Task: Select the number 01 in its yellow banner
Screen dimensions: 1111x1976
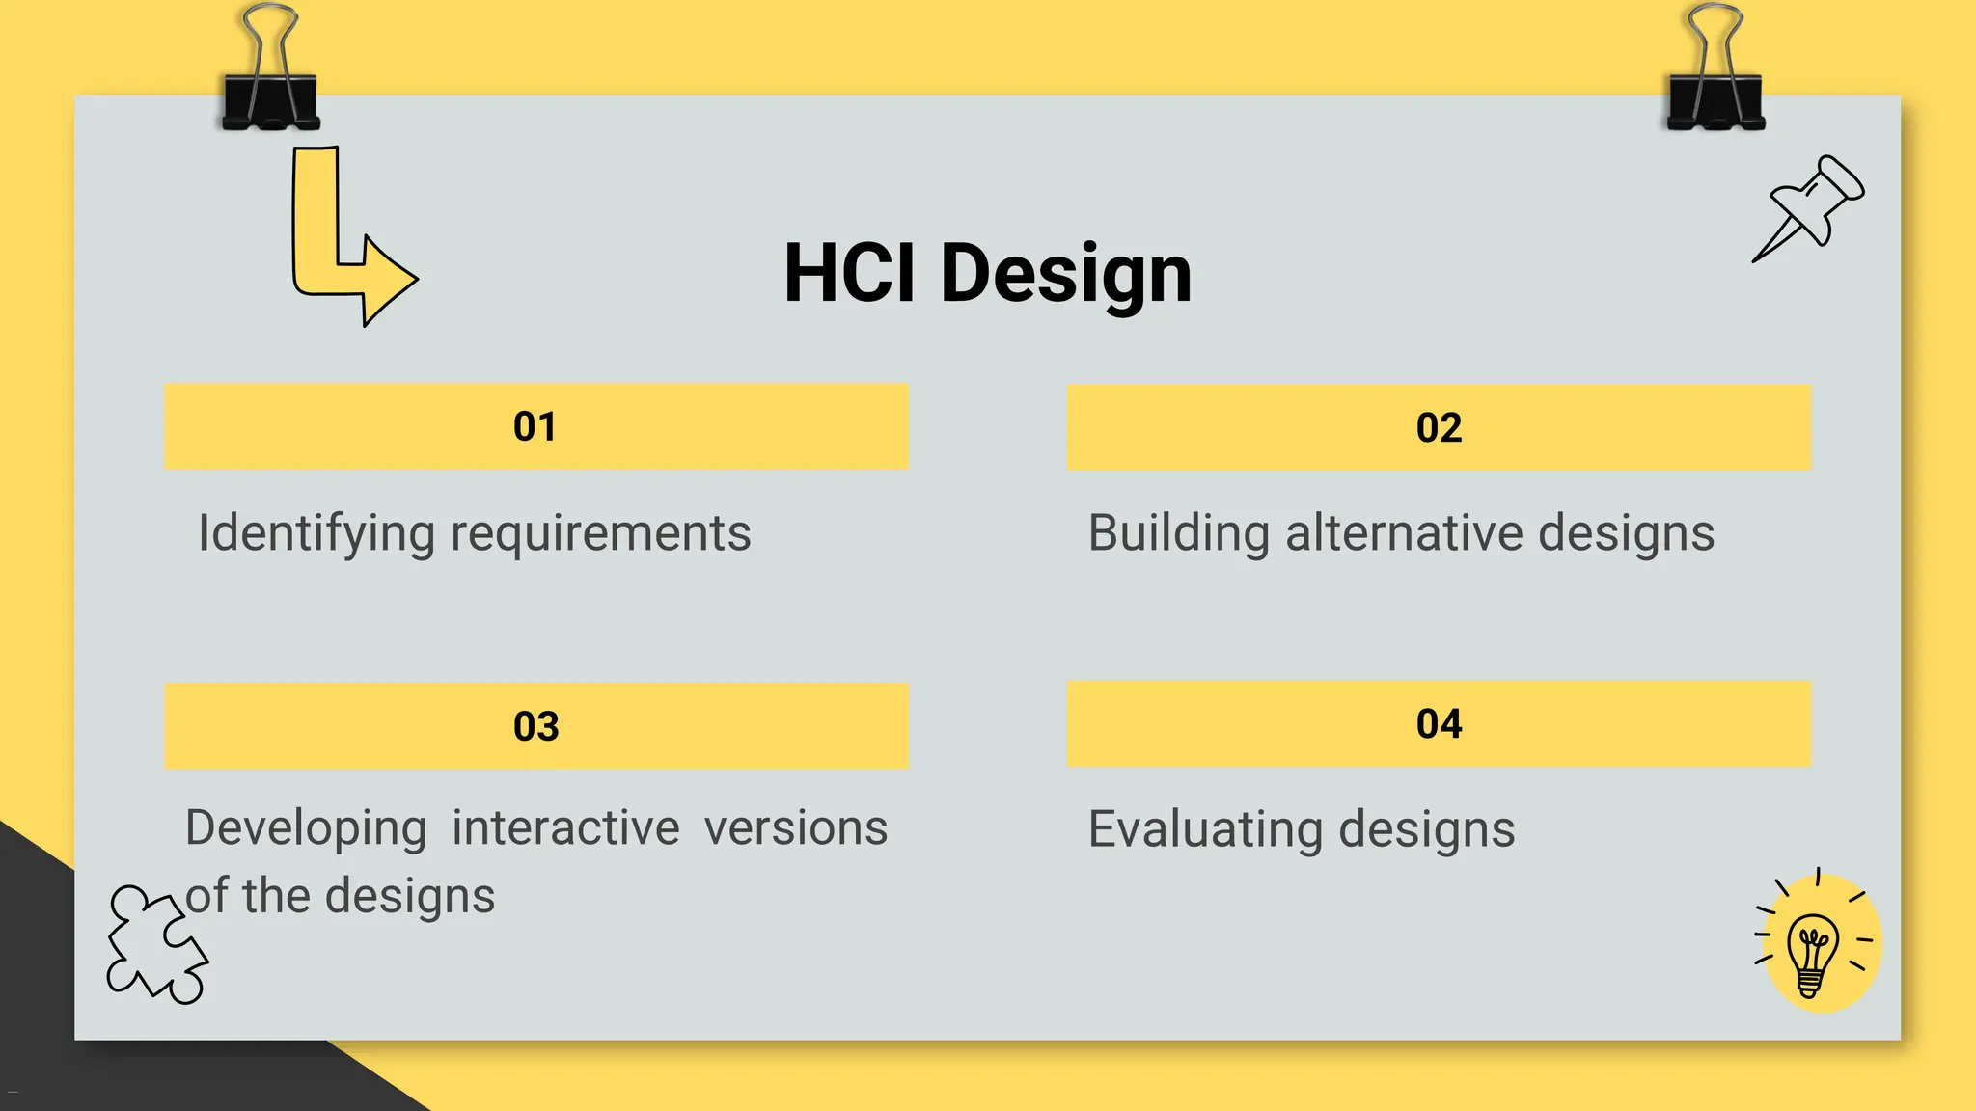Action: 535,427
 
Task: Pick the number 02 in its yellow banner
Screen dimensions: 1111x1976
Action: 1439,428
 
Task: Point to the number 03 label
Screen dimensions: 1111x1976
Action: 535,726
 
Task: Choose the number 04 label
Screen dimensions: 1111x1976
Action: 1439,724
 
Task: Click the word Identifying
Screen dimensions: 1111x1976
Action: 316,533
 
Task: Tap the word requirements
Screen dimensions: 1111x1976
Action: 600,533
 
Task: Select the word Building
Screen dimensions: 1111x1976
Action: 1178,533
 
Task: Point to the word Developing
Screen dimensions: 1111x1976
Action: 306,828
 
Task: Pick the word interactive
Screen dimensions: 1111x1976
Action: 565,828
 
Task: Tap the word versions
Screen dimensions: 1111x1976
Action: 795,828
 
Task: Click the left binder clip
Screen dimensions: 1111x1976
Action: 270,77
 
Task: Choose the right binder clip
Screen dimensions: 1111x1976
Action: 1715,77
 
